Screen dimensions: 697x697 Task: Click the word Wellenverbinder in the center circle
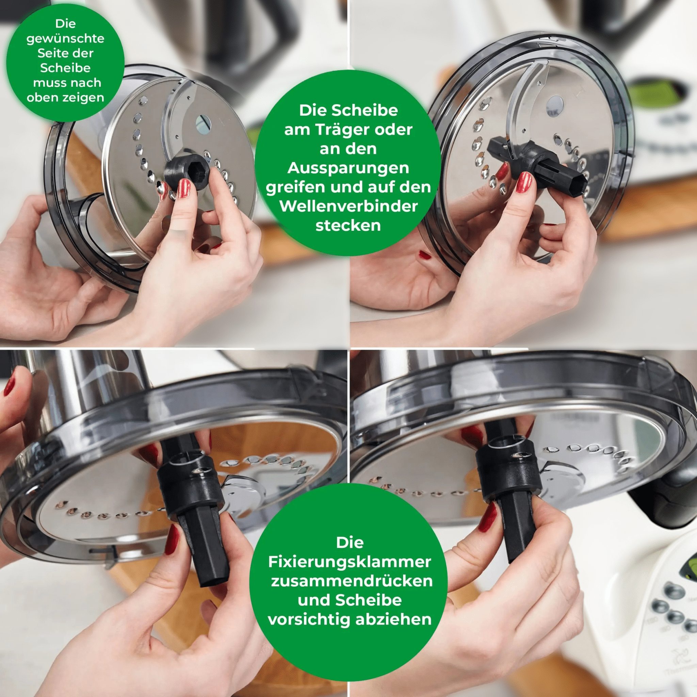coord(348,206)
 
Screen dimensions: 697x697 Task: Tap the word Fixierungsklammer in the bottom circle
coord(349,562)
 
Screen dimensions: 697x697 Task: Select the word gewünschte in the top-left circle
coord(65,38)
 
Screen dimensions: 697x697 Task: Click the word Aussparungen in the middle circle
coord(348,168)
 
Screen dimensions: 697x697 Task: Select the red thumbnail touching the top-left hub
coord(184,188)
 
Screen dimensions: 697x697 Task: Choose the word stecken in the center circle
coord(348,226)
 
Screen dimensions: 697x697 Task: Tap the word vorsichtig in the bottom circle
coord(310,619)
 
